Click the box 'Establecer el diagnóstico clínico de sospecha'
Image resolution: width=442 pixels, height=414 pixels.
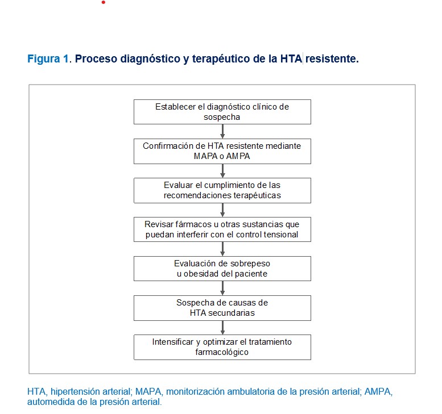222,112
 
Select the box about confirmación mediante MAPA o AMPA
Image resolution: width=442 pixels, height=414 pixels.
222,151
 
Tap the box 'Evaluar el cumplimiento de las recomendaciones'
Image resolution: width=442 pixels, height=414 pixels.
222,190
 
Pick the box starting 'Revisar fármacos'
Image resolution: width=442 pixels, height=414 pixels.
222,229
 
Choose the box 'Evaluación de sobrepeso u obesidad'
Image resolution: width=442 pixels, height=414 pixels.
222,269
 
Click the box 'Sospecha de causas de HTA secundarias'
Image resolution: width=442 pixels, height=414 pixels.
222,308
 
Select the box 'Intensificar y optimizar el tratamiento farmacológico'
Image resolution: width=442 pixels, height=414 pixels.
222,347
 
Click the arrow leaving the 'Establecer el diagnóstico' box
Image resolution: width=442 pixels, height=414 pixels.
222,131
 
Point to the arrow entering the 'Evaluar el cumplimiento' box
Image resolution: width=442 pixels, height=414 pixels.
222,170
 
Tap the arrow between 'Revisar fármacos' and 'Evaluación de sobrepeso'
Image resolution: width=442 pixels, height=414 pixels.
222,249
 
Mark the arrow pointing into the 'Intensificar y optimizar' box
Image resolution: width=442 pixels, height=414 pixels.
222,327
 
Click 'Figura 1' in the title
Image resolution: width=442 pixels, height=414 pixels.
48,59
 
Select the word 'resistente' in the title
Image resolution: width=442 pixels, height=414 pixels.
332,59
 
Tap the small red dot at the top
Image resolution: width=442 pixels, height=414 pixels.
104,2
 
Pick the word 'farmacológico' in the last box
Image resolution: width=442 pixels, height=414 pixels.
222,352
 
